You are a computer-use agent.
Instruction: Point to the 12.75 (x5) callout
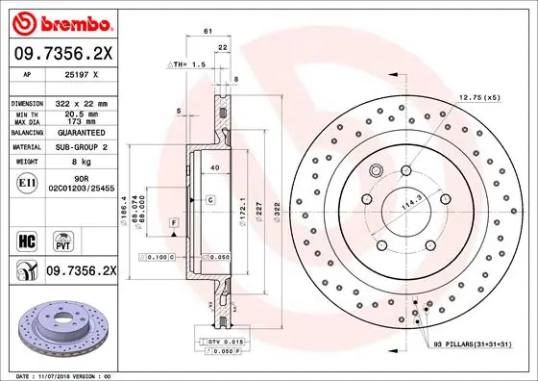coord(478,97)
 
